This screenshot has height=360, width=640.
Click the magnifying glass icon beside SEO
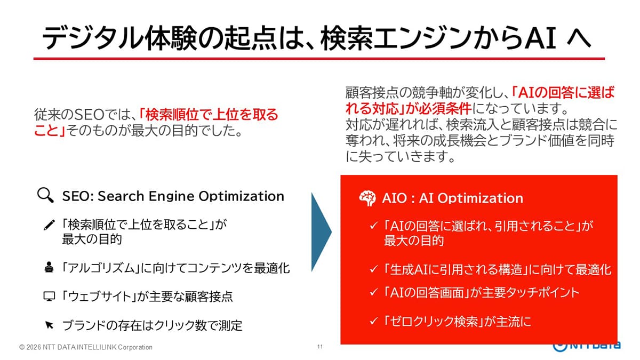click(x=45, y=195)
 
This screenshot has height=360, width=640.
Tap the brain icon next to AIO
click(x=367, y=198)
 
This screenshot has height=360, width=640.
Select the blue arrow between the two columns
click(x=322, y=232)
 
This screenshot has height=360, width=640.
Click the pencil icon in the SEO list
click(x=49, y=225)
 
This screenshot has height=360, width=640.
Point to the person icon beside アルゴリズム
click(x=49, y=267)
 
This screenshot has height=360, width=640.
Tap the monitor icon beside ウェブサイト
click(x=49, y=297)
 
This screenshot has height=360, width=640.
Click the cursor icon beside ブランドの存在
click(x=49, y=325)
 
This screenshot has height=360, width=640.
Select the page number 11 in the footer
click(x=319, y=347)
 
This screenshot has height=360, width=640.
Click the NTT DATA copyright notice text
click(x=86, y=347)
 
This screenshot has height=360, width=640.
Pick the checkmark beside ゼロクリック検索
click(x=374, y=321)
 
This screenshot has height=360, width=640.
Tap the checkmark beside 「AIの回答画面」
click(x=374, y=292)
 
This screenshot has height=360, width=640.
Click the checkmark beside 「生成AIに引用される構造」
click(x=374, y=269)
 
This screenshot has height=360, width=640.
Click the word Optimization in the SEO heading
click(x=242, y=196)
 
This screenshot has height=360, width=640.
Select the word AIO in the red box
click(x=394, y=198)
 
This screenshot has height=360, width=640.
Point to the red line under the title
click(x=319, y=59)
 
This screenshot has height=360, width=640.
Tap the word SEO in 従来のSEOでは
click(x=90, y=115)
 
